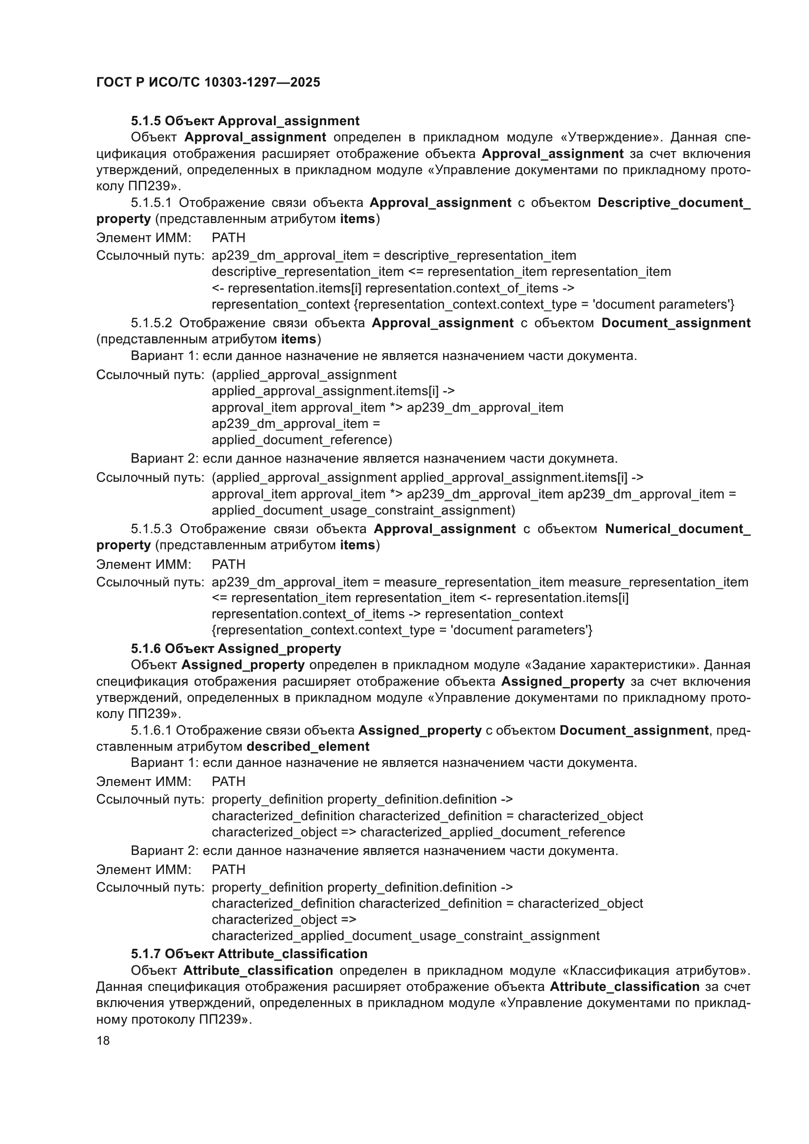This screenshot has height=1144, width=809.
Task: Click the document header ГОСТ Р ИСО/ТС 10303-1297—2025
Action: point(208,82)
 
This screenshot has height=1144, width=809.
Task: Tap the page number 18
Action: point(103,1040)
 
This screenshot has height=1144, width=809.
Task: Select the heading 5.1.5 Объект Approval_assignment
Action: point(245,121)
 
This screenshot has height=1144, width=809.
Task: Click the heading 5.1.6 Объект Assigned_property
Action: point(236,648)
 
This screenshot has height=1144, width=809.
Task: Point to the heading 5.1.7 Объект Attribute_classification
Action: point(249,954)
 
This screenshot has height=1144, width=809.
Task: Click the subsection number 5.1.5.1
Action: point(151,203)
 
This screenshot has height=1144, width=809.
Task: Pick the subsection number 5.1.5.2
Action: point(152,323)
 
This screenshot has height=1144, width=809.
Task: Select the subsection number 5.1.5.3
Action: point(152,529)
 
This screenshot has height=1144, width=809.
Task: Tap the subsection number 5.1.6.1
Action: point(151,730)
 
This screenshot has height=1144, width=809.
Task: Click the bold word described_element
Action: point(308,746)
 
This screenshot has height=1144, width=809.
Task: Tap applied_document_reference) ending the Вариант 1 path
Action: point(302,440)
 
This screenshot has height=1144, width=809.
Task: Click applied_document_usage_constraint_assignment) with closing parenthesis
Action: point(363,510)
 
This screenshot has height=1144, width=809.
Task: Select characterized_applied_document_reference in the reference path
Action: point(492,832)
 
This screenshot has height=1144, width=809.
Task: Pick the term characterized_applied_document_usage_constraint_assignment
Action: point(405,936)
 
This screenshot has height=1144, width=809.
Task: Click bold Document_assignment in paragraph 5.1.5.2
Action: point(675,323)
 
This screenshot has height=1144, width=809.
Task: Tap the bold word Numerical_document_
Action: point(677,529)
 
